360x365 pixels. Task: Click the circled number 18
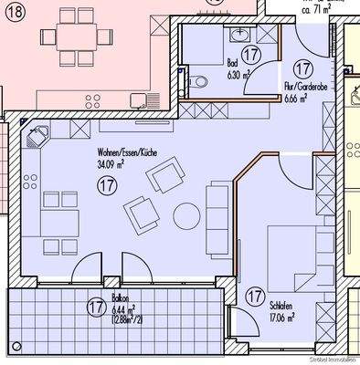pos(13,13)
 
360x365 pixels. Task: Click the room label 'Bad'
pos(232,64)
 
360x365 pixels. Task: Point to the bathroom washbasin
pos(240,34)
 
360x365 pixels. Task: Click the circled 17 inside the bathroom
pos(253,55)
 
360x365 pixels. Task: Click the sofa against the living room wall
pos(219,209)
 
